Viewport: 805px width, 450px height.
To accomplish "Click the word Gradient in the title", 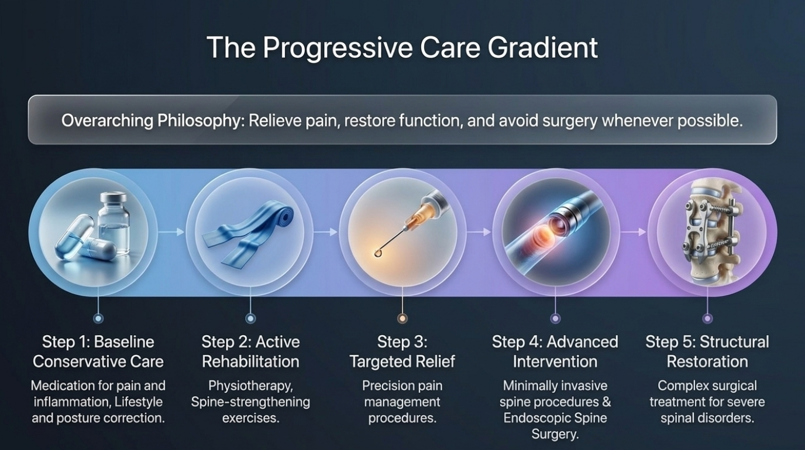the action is pyautogui.click(x=543, y=48).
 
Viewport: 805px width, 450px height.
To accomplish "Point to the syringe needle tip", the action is pyautogui.click(x=377, y=254).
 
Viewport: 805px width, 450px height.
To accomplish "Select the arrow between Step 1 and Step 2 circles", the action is pyautogui.click(x=171, y=232).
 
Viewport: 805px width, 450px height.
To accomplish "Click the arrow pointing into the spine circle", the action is pyautogui.click(x=633, y=232).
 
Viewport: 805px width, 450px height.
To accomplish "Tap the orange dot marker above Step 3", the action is pyautogui.click(x=402, y=318).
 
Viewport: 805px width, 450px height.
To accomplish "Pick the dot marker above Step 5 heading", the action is pyautogui.click(x=707, y=318).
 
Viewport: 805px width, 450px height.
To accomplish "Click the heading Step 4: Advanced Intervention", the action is pyautogui.click(x=555, y=352).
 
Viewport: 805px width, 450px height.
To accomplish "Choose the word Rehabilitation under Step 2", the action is pyautogui.click(x=250, y=362).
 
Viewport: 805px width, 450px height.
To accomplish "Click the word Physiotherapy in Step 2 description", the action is pyautogui.click(x=250, y=386).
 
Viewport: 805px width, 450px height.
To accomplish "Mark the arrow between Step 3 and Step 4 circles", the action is pyautogui.click(x=479, y=232).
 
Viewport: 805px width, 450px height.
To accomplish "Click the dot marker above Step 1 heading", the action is pyautogui.click(x=98, y=318).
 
